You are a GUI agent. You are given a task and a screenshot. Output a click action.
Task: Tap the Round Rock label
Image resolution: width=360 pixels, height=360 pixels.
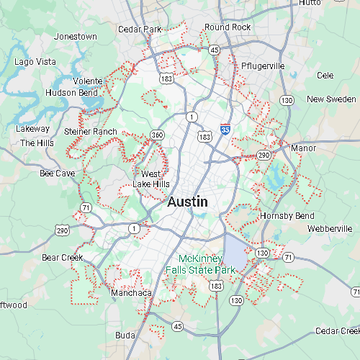(227, 27)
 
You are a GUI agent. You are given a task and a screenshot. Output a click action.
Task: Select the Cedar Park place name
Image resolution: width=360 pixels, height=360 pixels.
(140, 30)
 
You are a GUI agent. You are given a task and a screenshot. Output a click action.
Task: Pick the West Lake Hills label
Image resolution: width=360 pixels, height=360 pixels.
(151, 179)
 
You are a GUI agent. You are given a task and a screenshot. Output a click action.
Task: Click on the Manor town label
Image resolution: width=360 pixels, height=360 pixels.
(303, 148)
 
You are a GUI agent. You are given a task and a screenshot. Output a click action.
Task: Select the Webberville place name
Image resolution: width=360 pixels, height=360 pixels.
(329, 228)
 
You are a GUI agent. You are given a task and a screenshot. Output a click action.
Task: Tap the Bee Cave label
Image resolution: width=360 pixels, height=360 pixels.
(57, 174)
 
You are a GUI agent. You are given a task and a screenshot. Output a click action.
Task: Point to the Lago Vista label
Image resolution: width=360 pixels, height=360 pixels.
(35, 62)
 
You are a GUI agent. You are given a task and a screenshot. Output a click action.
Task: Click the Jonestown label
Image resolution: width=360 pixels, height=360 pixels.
(76, 36)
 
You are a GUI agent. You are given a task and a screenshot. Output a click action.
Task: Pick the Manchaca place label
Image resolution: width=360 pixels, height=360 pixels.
(131, 293)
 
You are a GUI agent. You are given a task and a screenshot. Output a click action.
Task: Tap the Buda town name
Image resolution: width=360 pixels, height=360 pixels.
(125, 335)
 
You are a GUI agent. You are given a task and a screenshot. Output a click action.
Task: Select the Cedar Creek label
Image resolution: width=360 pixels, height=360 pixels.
(337, 330)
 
